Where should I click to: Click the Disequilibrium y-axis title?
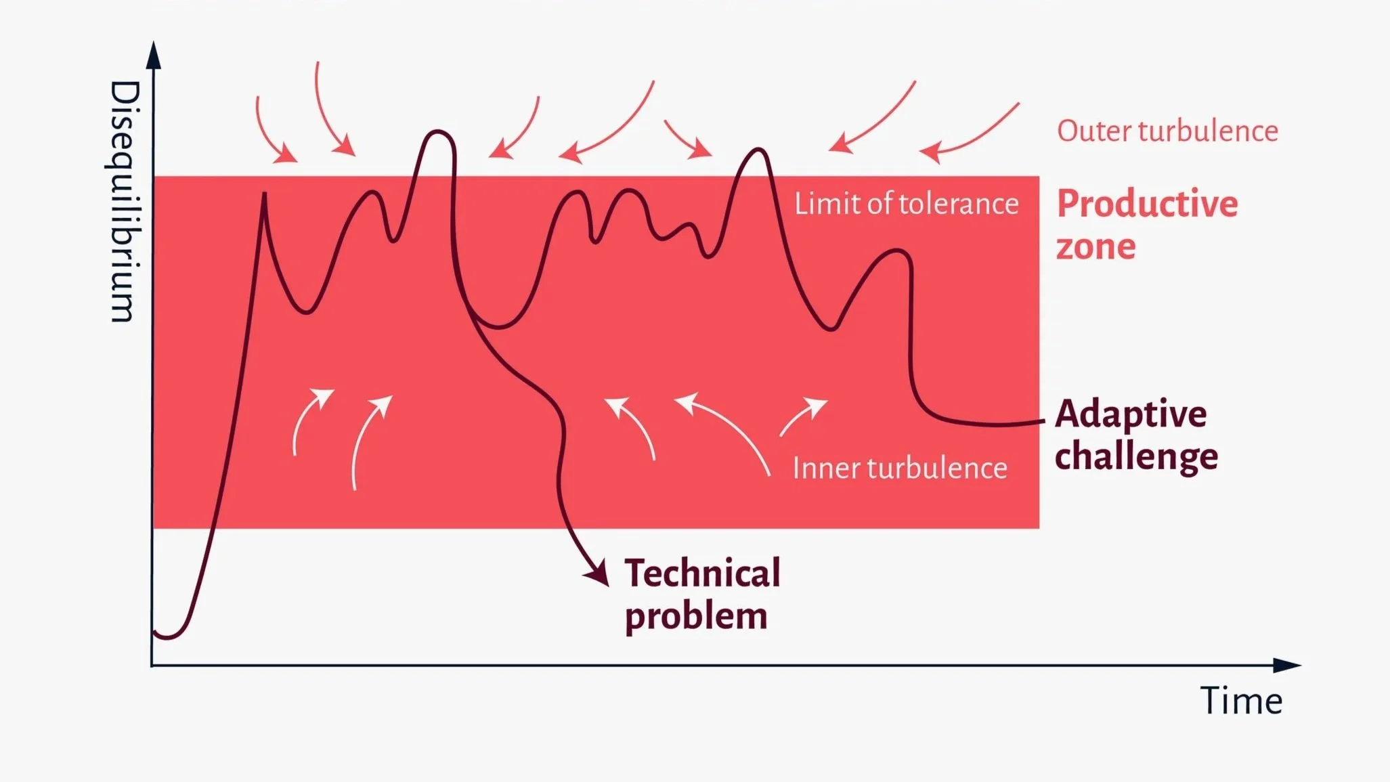tap(124, 201)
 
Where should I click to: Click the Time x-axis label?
tap(1241, 701)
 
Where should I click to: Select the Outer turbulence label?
tap(1167, 131)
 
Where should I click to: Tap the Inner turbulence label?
tap(900, 468)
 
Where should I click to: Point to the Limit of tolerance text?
tap(906, 203)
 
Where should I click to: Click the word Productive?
tap(1147, 203)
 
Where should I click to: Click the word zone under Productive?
tap(1095, 246)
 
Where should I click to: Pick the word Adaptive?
tap(1131, 414)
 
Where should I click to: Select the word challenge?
tap(1136, 456)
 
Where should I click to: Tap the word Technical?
tap(702, 573)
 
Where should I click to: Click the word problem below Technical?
tap(696, 615)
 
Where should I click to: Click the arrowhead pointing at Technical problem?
tap(598, 572)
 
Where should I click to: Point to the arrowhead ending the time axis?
tap(1287, 666)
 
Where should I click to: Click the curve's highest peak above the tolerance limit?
tap(438, 131)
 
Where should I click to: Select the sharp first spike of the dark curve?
tap(264, 194)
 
